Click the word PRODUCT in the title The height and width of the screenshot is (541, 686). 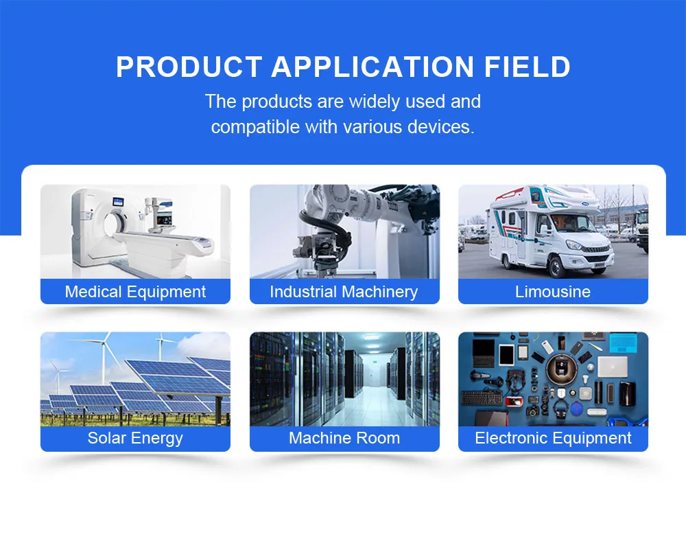point(189,67)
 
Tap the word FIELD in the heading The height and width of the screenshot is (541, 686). point(527,67)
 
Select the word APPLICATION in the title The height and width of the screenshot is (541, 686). point(372,67)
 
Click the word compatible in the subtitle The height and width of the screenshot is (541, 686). point(255,127)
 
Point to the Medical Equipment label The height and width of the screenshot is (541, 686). point(135,292)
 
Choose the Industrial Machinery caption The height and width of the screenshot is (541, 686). point(344,292)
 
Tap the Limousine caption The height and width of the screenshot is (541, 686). point(552,292)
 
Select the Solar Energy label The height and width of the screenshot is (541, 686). point(135,438)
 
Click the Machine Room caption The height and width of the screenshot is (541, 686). point(344,438)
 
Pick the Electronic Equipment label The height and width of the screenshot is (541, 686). point(553,438)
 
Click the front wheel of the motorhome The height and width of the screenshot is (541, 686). point(556,266)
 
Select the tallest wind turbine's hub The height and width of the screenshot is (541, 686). point(104,343)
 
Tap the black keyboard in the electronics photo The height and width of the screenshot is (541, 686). point(482,397)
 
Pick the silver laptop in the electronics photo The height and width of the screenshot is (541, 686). point(613,367)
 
